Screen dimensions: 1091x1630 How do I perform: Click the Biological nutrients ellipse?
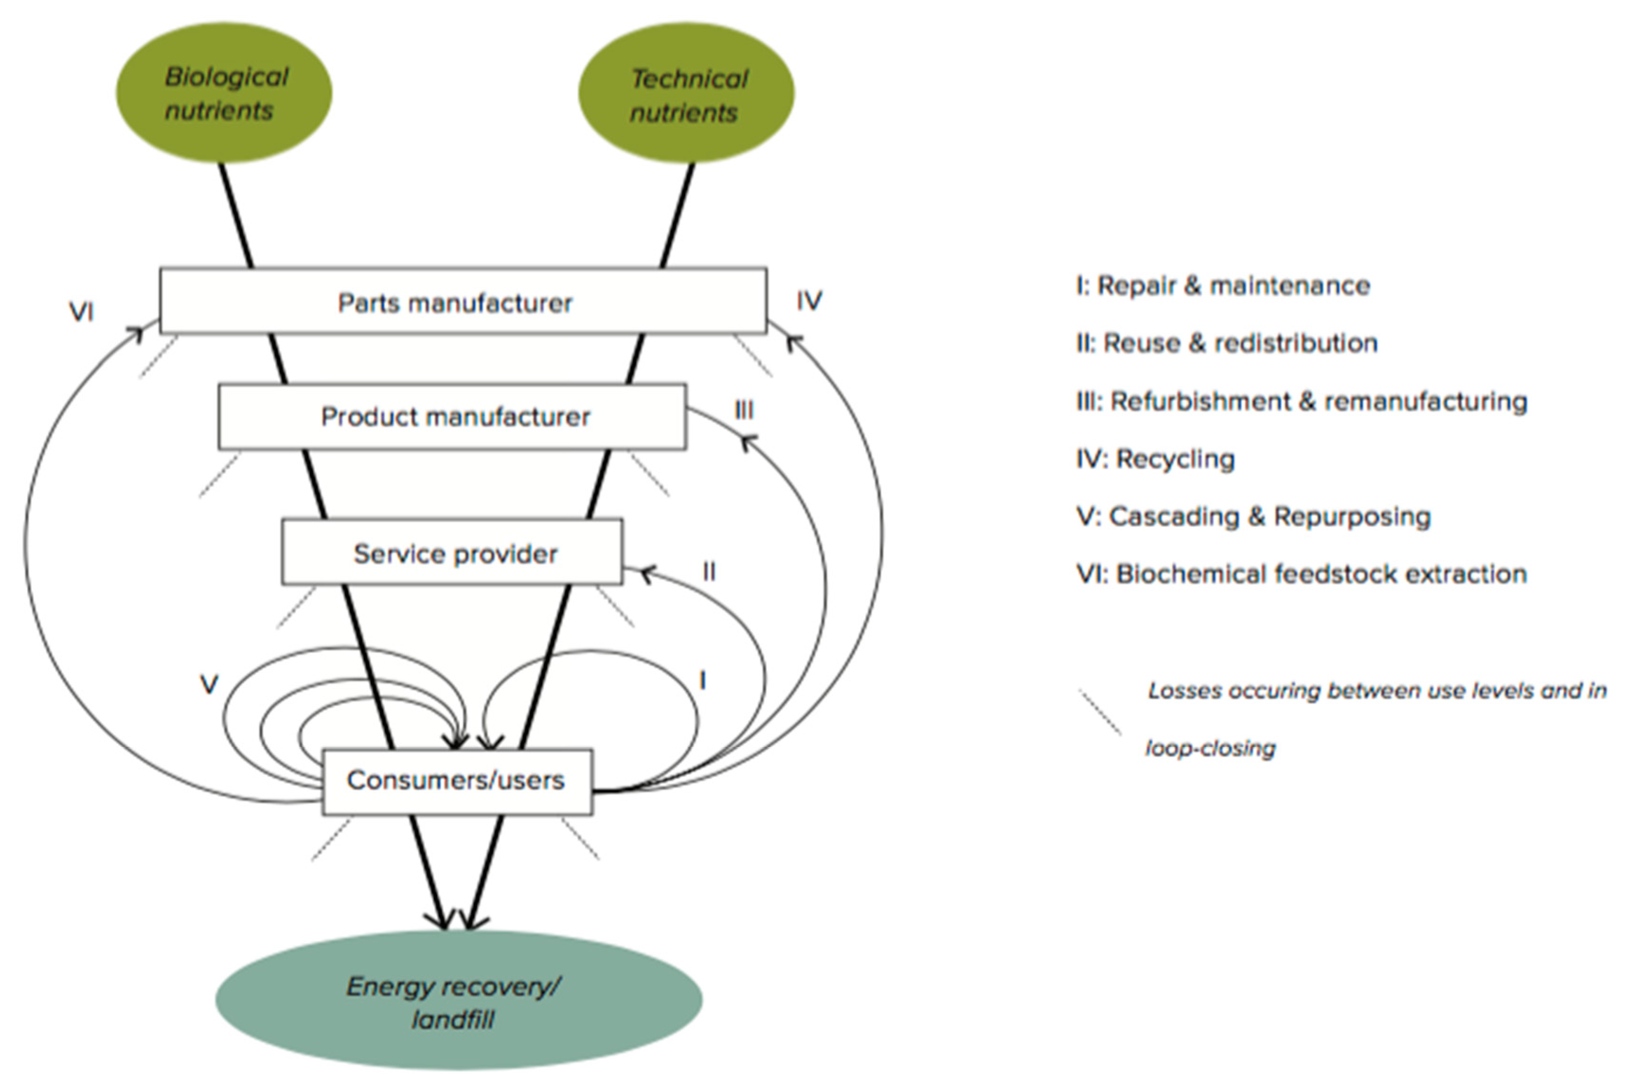tap(224, 92)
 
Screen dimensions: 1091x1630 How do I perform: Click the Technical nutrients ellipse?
tap(686, 94)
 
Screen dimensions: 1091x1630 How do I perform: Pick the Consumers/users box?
tap(457, 781)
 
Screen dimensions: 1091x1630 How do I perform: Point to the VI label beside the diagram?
tap(81, 312)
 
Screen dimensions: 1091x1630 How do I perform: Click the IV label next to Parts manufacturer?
tap(809, 301)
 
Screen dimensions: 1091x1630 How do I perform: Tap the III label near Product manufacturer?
tap(744, 411)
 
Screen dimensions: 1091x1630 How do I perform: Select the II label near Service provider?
tap(709, 572)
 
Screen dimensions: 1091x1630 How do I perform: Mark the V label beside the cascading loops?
tap(209, 685)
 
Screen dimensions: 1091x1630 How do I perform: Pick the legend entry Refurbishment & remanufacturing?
tap(1301, 402)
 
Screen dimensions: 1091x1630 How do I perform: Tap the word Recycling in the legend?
tap(1175, 459)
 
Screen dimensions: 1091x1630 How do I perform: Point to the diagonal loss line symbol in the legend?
tap(1100, 713)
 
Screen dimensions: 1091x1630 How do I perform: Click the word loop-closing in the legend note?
tap(1211, 749)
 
